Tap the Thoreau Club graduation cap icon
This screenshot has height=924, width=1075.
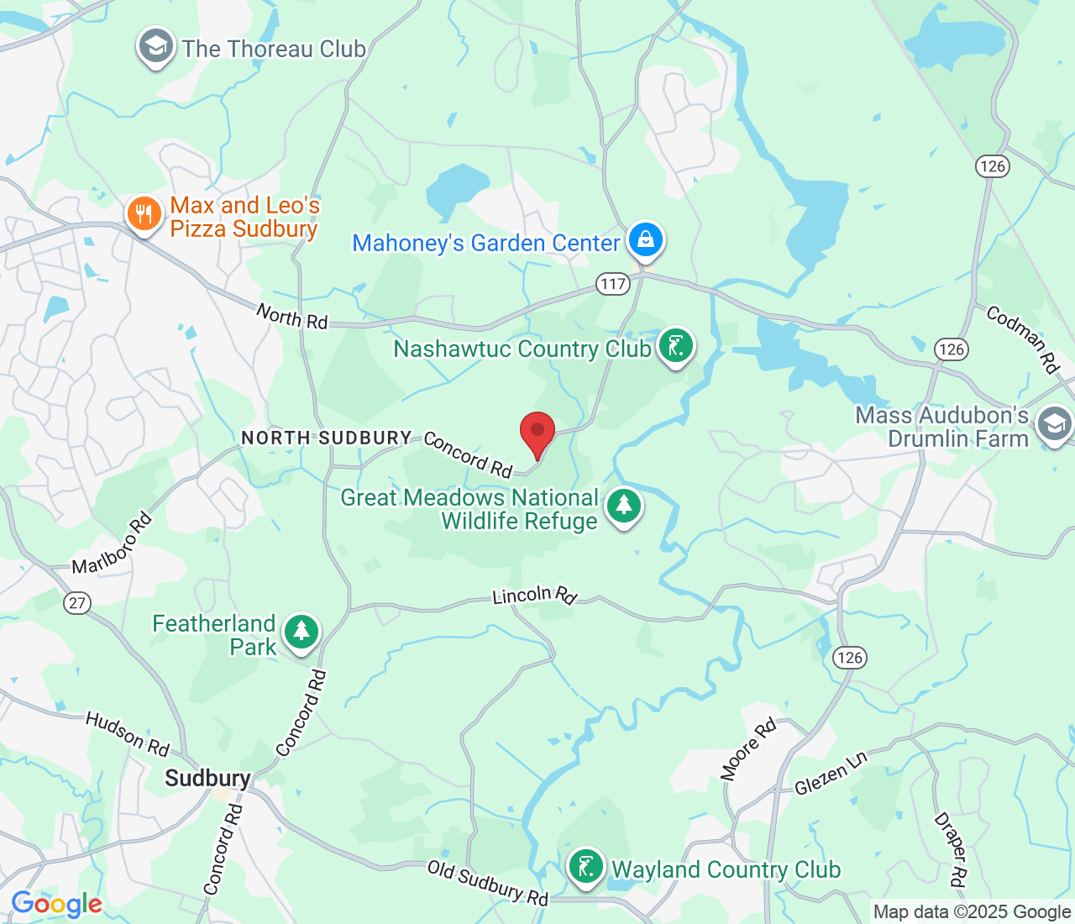(x=155, y=47)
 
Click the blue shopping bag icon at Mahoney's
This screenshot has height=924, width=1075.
(x=645, y=239)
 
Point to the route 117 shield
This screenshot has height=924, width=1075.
(x=613, y=284)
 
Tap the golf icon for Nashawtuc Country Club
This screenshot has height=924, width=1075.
(x=675, y=345)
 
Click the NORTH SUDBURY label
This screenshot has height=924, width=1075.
(x=326, y=438)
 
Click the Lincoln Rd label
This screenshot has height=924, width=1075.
(x=534, y=596)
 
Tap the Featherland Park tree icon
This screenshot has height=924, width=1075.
(x=301, y=632)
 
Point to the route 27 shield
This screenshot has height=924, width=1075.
(x=77, y=602)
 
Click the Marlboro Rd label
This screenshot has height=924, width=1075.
(x=112, y=543)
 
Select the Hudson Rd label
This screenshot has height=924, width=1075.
(x=128, y=733)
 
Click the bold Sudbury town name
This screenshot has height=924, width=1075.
(x=207, y=779)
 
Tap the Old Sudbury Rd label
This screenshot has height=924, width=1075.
(x=488, y=883)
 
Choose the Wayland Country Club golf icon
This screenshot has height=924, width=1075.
(x=586, y=866)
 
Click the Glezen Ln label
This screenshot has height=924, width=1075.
(x=831, y=774)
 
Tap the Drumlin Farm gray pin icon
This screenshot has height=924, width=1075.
(x=1054, y=424)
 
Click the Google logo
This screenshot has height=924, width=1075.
(x=56, y=905)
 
